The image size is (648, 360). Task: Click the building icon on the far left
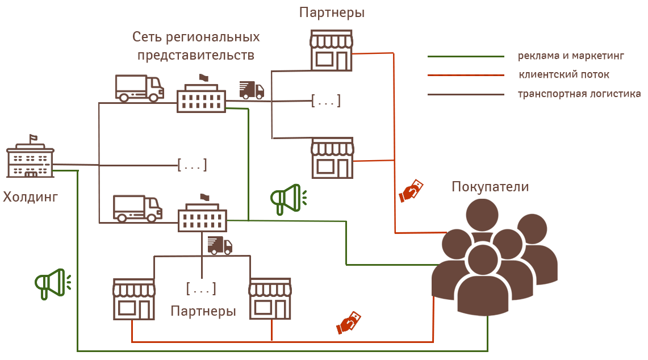pos(30,156)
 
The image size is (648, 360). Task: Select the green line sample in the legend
pos(463,56)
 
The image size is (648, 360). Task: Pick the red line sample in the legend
pos(463,74)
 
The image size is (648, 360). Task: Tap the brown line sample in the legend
pos(463,94)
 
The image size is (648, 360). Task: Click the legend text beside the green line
pos(571,56)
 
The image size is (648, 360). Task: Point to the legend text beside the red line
pos(563,74)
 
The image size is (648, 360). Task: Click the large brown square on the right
pos(494,259)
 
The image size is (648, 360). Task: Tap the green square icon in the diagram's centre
pos(289,200)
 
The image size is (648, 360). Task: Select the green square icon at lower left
pos(53,284)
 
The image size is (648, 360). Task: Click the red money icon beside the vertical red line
pos(411,191)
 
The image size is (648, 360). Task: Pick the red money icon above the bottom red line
pos(348,323)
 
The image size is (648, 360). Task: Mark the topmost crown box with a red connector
pos(331,51)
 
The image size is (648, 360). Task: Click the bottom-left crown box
pos(133,299)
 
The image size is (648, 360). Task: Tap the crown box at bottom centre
pos(270,299)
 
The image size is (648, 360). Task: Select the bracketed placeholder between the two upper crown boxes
pos(326,101)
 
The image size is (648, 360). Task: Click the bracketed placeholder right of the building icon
pos(192,165)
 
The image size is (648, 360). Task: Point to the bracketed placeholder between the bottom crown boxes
pos(201,289)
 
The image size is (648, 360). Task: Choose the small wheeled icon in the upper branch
pos(252,91)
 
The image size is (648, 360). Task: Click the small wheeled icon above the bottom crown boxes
pos(220,245)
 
